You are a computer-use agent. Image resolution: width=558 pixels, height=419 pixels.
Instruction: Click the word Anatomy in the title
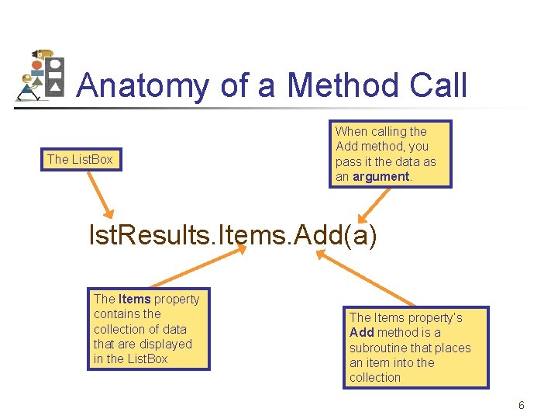pyautogui.click(x=144, y=85)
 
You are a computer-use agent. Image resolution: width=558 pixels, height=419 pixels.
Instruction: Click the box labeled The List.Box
pyautogui.click(x=80, y=160)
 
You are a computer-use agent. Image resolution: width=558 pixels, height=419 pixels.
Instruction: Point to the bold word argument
pyautogui.click(x=381, y=176)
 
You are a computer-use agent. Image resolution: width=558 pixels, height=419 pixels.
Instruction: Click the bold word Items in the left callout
pyautogui.click(x=134, y=299)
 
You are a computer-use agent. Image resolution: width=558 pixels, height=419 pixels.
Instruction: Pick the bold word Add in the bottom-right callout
pyautogui.click(x=362, y=332)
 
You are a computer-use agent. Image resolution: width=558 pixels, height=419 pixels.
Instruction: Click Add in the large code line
pyautogui.click(x=315, y=234)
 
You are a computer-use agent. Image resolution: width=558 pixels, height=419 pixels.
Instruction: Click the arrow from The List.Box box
pyautogui.click(x=98, y=195)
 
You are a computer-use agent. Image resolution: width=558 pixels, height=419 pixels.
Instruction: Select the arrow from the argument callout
pyautogui.click(x=374, y=206)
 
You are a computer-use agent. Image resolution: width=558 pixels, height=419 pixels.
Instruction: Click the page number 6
pyautogui.click(x=522, y=405)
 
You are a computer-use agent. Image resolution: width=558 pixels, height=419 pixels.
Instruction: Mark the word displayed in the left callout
pyautogui.click(x=164, y=344)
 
